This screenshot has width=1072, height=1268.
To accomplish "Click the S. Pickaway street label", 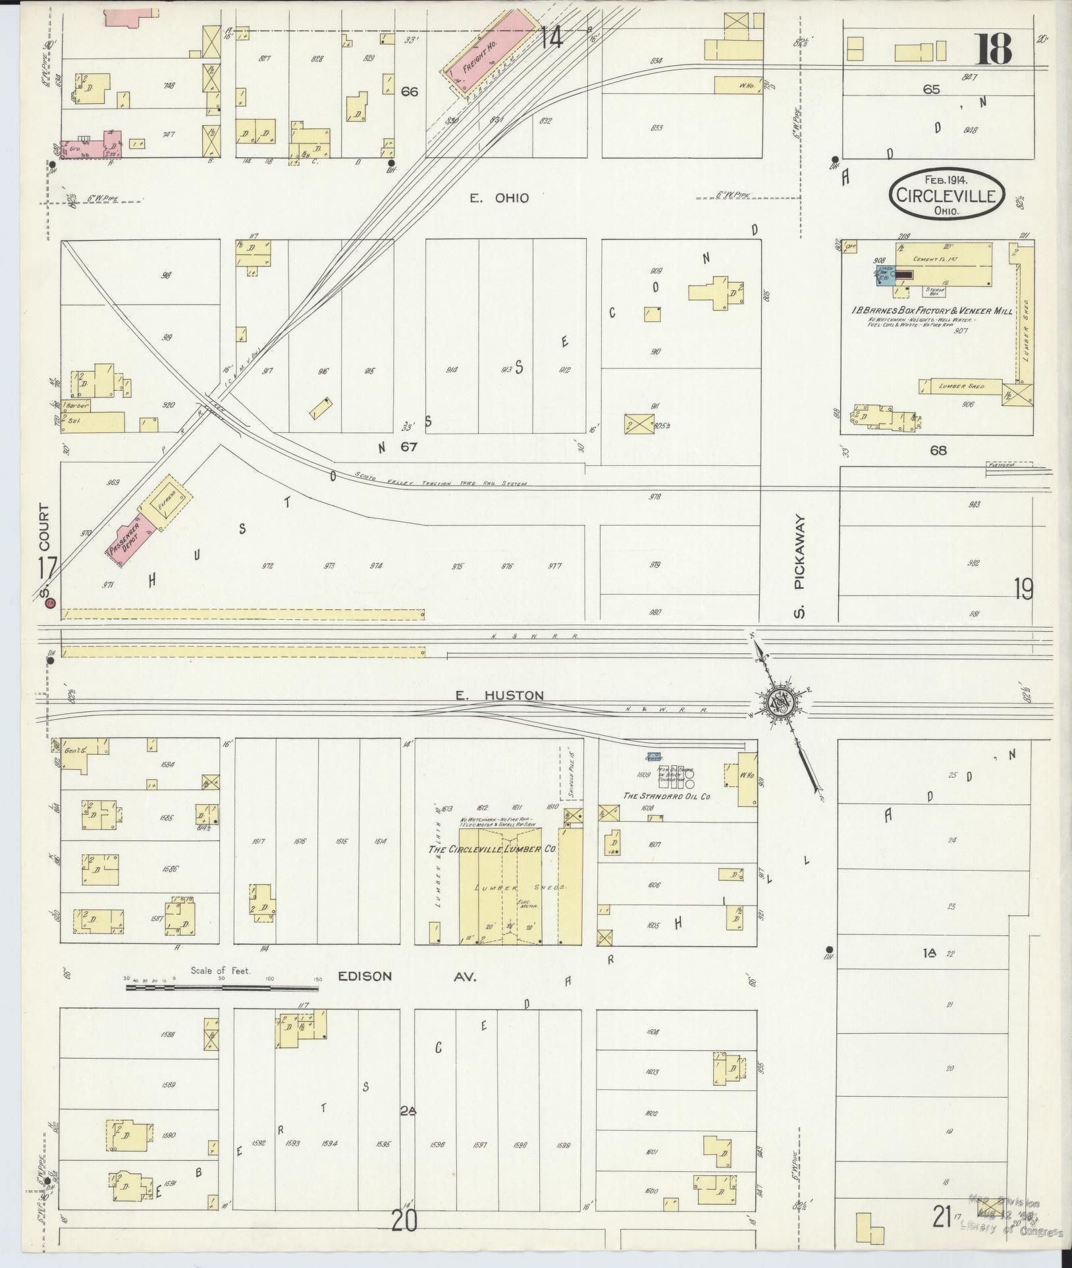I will point(800,567).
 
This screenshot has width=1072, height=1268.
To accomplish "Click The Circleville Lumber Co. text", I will point(493,850).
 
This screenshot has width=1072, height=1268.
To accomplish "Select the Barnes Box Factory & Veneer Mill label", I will point(932,311).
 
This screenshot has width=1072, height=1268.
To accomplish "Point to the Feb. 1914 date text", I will point(948,178).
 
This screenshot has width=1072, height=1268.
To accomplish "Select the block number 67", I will point(410,447).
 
